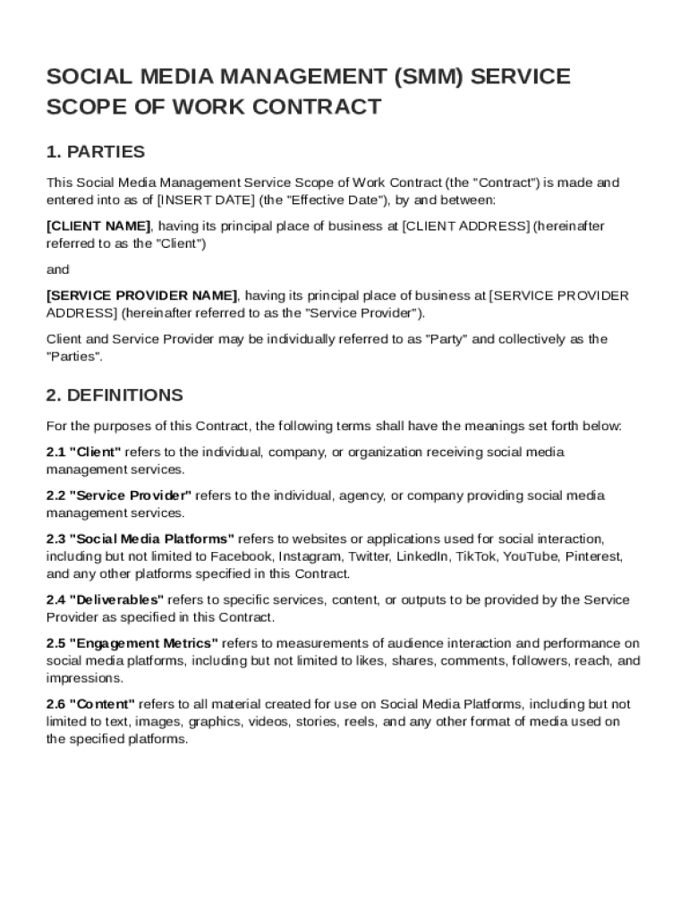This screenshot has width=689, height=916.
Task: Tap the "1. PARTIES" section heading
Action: pyautogui.click(x=96, y=152)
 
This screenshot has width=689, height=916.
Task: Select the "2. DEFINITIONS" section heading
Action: pyautogui.click(x=115, y=395)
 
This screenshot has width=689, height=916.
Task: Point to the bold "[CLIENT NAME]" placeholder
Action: pyautogui.click(x=98, y=226)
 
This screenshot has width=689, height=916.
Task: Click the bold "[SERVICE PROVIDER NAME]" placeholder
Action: pyautogui.click(x=142, y=295)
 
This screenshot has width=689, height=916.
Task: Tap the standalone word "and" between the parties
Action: pyautogui.click(x=58, y=269)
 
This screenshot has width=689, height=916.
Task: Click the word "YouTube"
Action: pyautogui.click(x=532, y=556)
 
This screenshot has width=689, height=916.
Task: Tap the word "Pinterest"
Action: pyautogui.click(x=594, y=556)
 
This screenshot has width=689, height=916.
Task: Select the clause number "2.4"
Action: pyautogui.click(x=55, y=599)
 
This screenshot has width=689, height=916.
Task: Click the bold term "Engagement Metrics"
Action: pyautogui.click(x=143, y=643)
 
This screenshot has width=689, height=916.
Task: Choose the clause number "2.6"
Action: pyautogui.click(x=55, y=704)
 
